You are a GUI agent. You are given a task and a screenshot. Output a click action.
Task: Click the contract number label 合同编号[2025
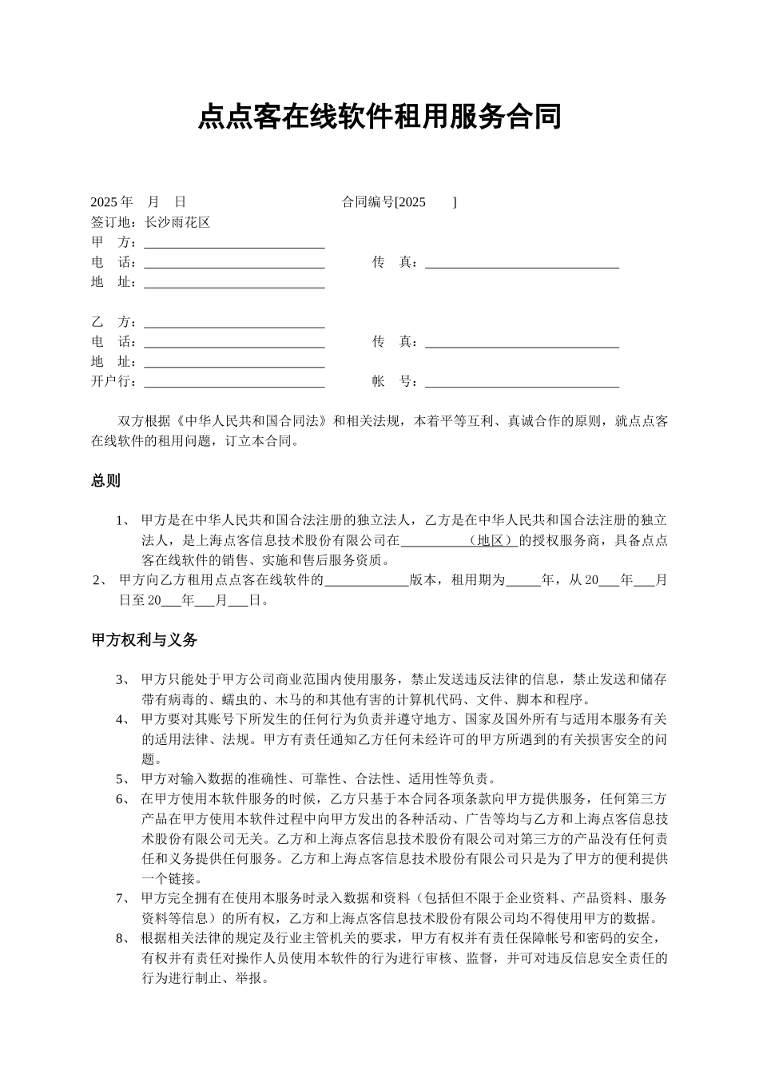[x=383, y=202]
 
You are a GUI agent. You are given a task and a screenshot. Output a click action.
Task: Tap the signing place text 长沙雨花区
[x=177, y=222]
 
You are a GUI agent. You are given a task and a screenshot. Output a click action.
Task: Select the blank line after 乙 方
[x=234, y=323]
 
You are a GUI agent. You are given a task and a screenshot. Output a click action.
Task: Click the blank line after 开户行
[x=234, y=383]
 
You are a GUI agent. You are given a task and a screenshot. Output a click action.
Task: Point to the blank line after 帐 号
[x=522, y=383]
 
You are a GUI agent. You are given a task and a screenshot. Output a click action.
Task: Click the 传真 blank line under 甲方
[x=522, y=263]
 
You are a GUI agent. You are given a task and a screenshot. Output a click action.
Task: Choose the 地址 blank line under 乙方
[x=234, y=363]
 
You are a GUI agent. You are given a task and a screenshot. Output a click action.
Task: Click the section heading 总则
[x=105, y=481]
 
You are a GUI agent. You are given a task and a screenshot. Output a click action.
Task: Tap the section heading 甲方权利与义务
[x=144, y=640]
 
